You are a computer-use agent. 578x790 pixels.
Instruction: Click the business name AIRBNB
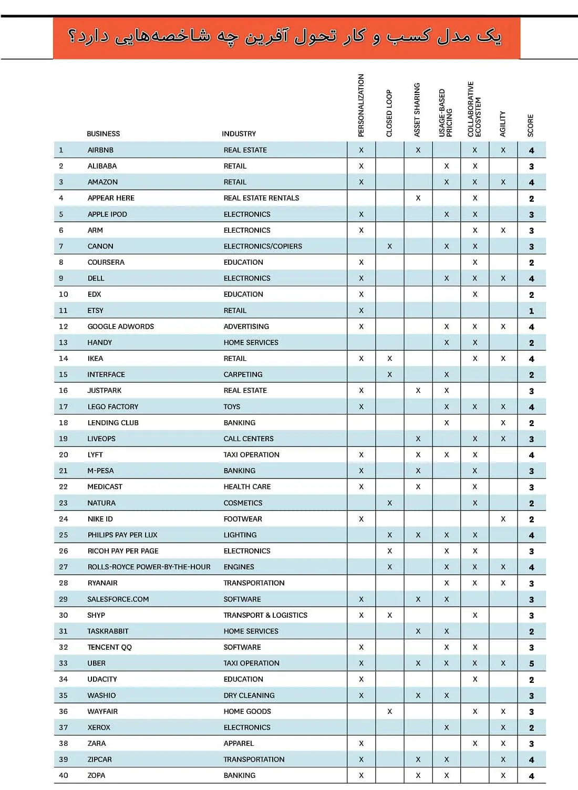point(100,150)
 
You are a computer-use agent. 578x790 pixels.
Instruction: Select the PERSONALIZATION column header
point(361,106)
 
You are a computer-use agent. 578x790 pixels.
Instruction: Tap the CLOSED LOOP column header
point(389,113)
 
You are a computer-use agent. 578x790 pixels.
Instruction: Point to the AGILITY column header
point(503,124)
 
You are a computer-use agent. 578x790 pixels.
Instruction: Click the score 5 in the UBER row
point(531,663)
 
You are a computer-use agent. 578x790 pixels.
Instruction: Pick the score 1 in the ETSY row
point(531,311)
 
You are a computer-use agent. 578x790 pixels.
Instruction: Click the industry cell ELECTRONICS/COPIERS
point(263,246)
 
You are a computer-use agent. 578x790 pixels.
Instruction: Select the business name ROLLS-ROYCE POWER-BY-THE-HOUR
point(149,567)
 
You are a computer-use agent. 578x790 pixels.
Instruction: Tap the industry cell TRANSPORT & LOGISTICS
point(265,615)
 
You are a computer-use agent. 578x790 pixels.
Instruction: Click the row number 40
point(64,775)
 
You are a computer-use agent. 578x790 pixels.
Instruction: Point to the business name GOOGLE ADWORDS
point(121,327)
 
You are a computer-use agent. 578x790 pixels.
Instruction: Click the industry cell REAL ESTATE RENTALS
point(261,198)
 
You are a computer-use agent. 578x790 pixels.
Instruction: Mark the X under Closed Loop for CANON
point(389,246)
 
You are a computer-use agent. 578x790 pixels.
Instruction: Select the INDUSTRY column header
point(239,134)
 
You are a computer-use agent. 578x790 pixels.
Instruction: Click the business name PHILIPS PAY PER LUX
point(122,535)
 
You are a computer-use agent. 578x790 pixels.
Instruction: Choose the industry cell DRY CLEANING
point(249,695)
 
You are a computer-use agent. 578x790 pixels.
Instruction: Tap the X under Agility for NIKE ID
point(503,519)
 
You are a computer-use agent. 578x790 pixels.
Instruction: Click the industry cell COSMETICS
point(243,503)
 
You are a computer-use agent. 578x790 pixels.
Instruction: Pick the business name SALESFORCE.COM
point(118,599)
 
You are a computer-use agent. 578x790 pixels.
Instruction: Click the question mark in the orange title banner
point(73,37)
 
